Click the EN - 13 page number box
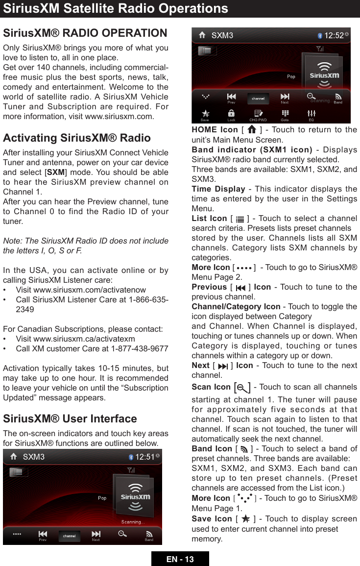[x=180, y=559]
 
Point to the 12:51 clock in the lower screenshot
[x=145, y=457]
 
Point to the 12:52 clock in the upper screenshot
[x=334, y=35]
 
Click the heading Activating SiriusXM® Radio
[x=77, y=138]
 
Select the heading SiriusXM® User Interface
[x=70, y=418]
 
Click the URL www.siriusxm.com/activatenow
[x=81, y=290]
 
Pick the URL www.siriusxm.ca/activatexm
[x=75, y=339]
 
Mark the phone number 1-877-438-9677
[x=140, y=348]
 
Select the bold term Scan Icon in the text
[x=211, y=387]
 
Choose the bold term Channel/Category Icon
[x=236, y=306]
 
